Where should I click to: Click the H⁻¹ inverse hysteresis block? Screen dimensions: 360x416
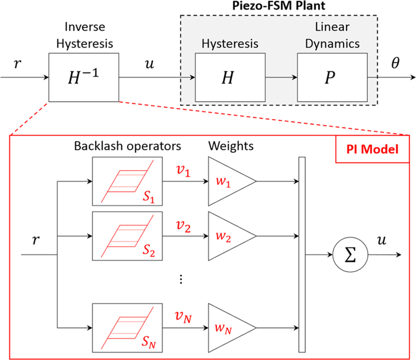[83, 78]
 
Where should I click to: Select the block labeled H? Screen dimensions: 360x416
[229, 78]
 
